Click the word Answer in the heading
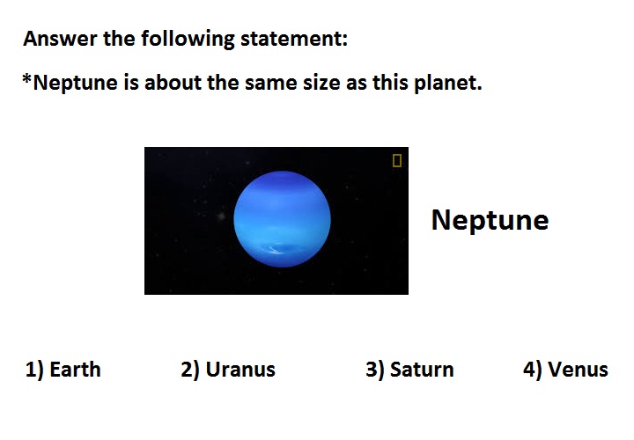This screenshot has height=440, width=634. coord(60,40)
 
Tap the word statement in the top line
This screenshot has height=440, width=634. coord(294,40)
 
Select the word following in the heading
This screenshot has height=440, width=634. coord(188,40)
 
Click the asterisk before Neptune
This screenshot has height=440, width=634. coord(26,78)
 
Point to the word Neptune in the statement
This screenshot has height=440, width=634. coord(75,84)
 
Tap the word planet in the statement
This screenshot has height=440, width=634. coord(448,84)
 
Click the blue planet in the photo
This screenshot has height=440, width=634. coord(283,219)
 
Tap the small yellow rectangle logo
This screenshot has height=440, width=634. coord(397,160)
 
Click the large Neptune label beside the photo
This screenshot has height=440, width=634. coord(490,221)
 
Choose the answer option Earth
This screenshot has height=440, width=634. coord(75,370)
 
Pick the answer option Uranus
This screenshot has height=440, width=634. coord(240,370)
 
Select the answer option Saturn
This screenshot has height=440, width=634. coord(422,370)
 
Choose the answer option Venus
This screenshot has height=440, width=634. coord(578,370)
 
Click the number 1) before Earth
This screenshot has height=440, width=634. coord(34,370)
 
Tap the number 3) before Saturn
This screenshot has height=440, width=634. coord(375,370)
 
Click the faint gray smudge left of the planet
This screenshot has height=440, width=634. coord(221,216)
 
